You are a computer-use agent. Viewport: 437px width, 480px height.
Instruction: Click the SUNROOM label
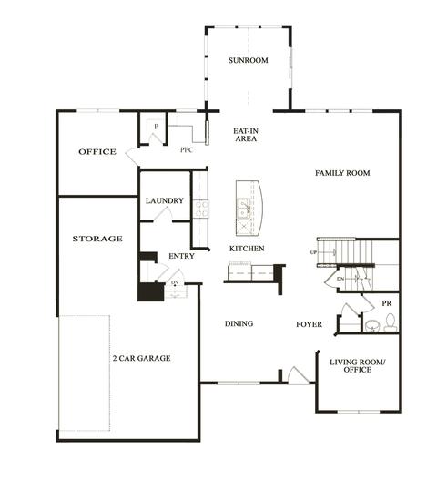(249, 60)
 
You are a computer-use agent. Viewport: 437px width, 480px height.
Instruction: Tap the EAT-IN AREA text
(246, 135)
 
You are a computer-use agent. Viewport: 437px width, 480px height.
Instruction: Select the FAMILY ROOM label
(342, 173)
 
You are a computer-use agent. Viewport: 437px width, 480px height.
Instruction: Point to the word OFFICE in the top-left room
(97, 151)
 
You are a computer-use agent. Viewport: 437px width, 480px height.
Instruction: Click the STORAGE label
(97, 239)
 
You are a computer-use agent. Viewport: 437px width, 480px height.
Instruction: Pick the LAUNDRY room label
(165, 200)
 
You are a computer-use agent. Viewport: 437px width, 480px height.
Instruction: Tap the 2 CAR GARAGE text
(142, 358)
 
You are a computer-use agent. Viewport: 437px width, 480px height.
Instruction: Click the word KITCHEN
(247, 249)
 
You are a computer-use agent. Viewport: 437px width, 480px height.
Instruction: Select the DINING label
(239, 323)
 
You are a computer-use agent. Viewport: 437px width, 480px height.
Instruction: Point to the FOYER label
(309, 324)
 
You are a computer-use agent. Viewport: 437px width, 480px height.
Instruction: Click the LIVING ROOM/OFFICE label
(358, 366)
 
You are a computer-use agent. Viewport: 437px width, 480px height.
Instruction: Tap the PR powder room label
(387, 303)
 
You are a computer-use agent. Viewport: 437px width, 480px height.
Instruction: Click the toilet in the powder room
(390, 322)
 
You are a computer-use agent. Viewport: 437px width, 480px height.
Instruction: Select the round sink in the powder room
(372, 326)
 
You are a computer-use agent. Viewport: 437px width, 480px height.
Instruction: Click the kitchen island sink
(244, 209)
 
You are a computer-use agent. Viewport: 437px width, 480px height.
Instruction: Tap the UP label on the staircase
(313, 252)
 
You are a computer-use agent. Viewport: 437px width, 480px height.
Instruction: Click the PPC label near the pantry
(187, 150)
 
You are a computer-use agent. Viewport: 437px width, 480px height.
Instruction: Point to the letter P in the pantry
(157, 127)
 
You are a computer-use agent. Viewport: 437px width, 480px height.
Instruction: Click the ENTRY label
(181, 256)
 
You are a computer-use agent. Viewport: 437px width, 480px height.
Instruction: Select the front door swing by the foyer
(299, 376)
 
